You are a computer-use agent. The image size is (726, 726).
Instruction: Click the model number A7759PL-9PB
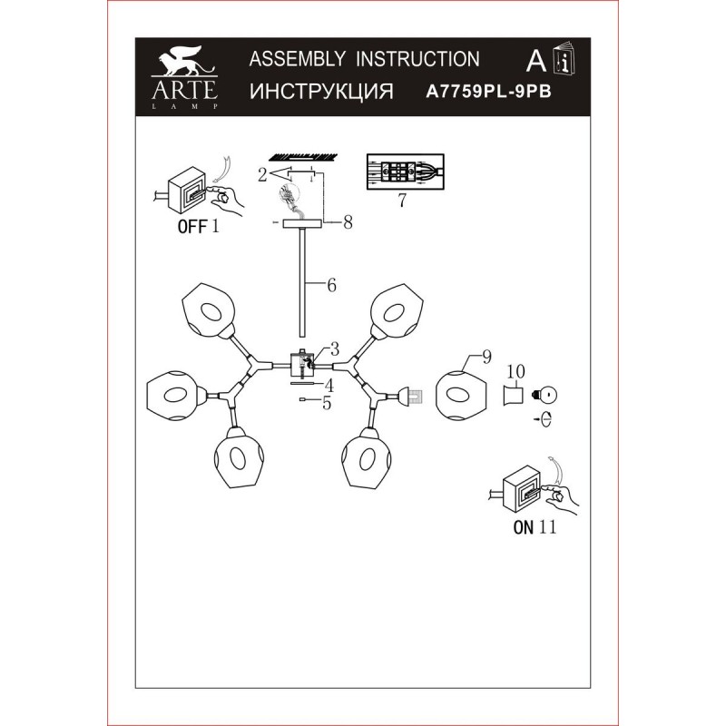488,92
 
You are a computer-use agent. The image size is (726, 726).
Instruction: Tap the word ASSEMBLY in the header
297,59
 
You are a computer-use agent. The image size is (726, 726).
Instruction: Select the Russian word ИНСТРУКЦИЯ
321,92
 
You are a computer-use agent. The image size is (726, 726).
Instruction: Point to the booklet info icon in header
564,58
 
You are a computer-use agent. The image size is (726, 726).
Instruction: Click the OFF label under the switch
192,227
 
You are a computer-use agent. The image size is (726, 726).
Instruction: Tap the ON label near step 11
524,527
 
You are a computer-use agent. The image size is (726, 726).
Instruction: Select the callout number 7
402,200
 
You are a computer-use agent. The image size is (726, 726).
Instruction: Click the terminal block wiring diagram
405,172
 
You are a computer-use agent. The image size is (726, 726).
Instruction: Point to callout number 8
348,222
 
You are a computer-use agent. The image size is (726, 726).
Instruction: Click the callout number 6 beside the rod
331,285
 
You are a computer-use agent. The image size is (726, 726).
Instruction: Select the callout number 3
334,348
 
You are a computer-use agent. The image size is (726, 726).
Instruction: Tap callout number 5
327,403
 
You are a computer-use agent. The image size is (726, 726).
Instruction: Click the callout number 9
486,357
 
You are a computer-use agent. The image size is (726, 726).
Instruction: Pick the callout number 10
515,371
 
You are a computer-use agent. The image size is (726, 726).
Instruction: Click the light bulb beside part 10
545,396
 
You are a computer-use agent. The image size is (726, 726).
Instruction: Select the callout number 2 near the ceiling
262,175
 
